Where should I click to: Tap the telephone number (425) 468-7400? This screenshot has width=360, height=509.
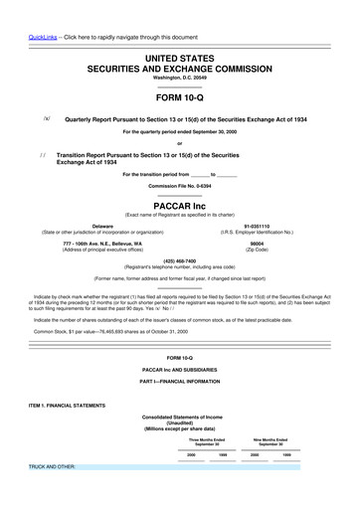pos(179,260)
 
